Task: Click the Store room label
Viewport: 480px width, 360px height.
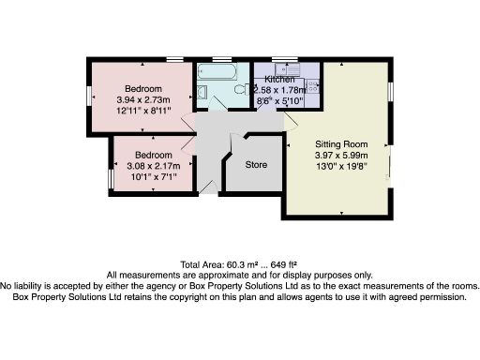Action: point(256,164)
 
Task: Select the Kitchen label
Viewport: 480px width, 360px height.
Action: point(280,80)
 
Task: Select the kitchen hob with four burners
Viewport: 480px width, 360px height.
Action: point(312,86)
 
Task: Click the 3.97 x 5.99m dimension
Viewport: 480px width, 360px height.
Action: point(340,156)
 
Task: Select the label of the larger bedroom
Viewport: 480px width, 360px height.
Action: point(145,89)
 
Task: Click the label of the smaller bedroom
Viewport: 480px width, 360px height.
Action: point(153,155)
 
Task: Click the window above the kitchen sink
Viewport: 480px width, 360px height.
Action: point(285,59)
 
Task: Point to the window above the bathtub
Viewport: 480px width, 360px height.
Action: point(221,59)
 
